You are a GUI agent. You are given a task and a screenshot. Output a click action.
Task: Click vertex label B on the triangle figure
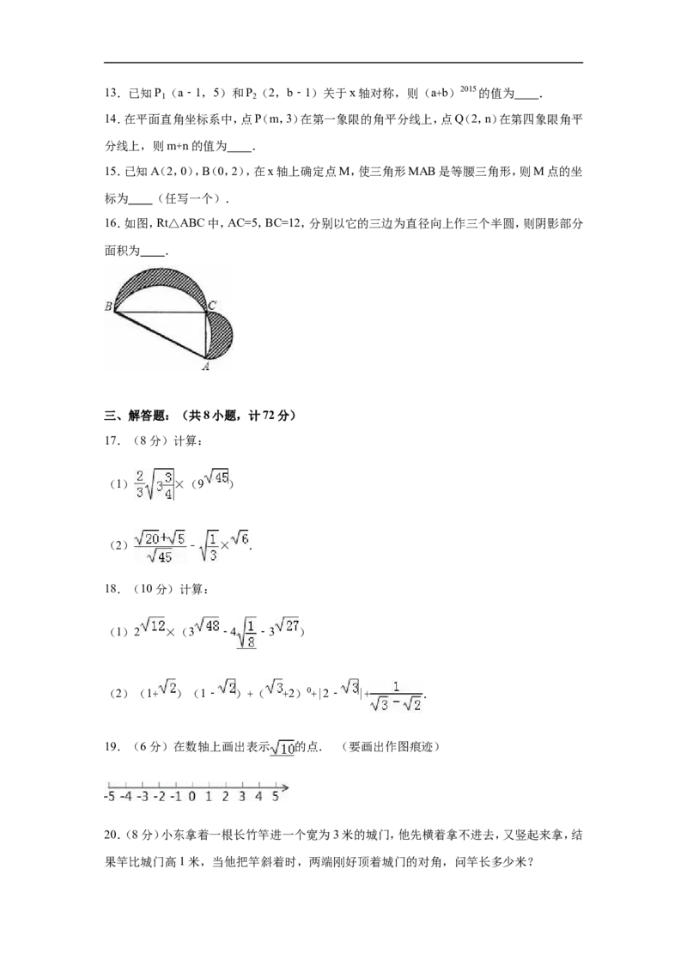pyautogui.click(x=108, y=307)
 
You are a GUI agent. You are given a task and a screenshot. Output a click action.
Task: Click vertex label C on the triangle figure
pyautogui.click(x=211, y=305)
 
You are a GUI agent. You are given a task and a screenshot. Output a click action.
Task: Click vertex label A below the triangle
pyautogui.click(x=206, y=367)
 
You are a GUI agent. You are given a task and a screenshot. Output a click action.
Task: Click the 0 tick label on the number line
pyautogui.click(x=192, y=796)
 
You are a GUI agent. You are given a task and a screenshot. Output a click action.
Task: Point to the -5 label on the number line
pyautogui.click(x=111, y=796)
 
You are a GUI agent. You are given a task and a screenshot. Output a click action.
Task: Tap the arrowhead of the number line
pyautogui.click(x=284, y=788)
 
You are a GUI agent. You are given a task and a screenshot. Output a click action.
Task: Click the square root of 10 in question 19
pyautogui.click(x=283, y=748)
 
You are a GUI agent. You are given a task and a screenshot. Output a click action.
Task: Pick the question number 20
pyautogui.click(x=112, y=835)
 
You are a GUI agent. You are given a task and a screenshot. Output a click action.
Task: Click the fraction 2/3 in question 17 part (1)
pyautogui.click(x=139, y=483)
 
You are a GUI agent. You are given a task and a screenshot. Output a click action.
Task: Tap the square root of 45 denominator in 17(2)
pyautogui.click(x=160, y=556)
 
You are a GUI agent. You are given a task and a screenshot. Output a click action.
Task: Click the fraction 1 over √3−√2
pyautogui.click(x=396, y=696)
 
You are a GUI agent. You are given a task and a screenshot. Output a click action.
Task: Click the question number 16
pyautogui.click(x=112, y=224)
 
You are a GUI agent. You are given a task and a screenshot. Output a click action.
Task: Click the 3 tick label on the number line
pyautogui.click(x=242, y=796)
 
